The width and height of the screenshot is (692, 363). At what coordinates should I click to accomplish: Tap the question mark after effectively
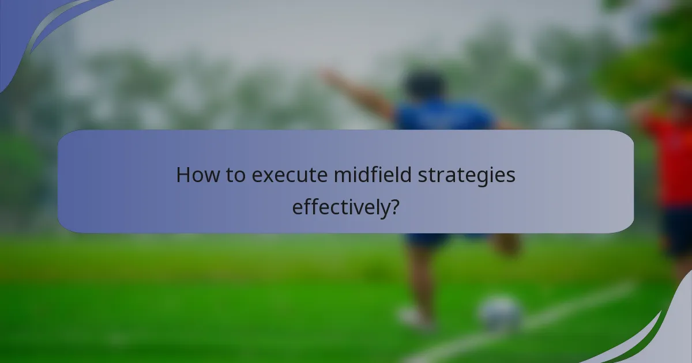tap(394, 206)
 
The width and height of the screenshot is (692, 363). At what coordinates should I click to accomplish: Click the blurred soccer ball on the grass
tap(500, 313)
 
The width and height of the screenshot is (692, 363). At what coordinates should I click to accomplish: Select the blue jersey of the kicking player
tap(444, 118)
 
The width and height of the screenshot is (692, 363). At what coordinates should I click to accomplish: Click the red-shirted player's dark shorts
tap(678, 230)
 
